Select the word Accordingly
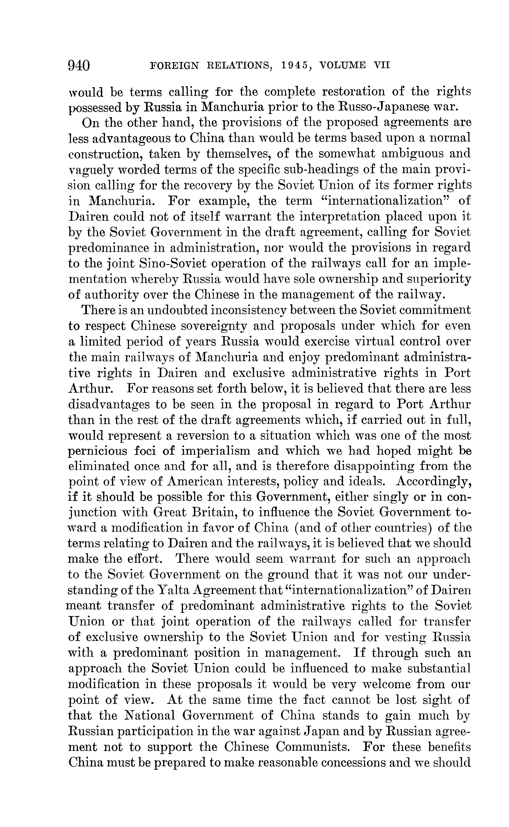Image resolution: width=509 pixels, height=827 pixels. coord(434,482)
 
